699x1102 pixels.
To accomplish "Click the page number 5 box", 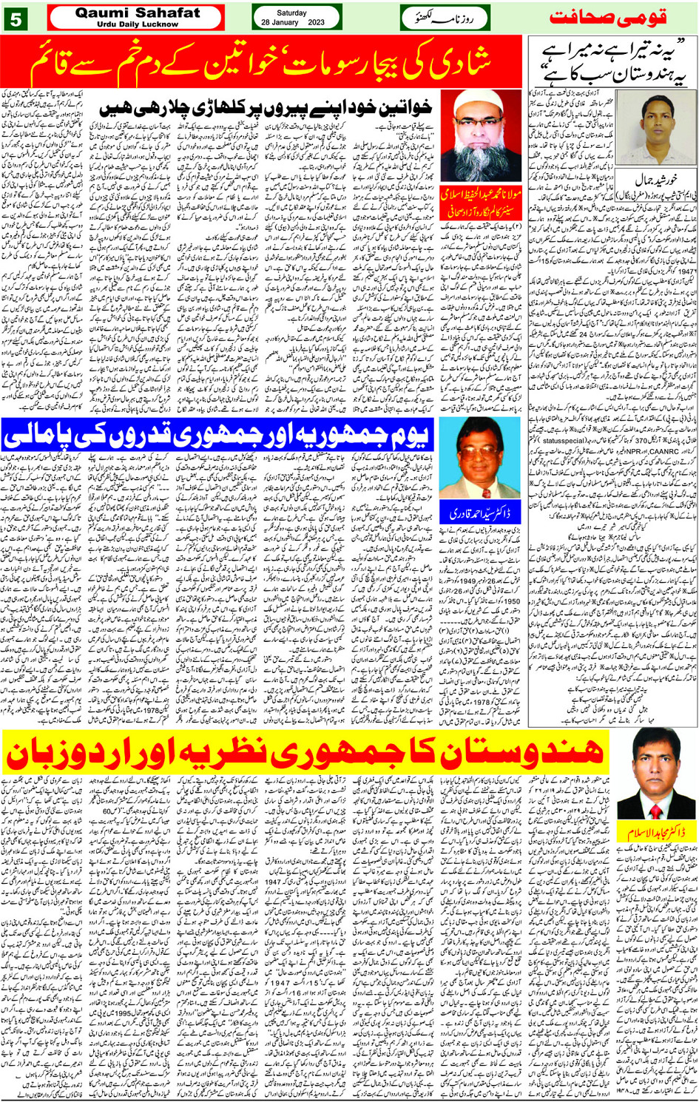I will click(x=16, y=18).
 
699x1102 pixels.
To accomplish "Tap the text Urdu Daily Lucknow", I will click(x=138, y=24).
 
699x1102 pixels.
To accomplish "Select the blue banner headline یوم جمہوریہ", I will click(x=215, y=436).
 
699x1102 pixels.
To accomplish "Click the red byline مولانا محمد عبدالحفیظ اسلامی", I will click(x=481, y=200).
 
